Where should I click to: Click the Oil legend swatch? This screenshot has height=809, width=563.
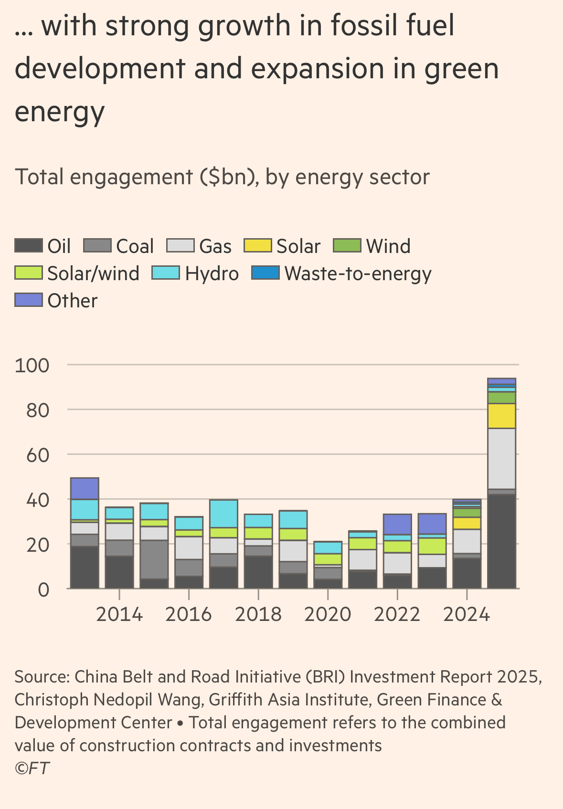(x=29, y=246)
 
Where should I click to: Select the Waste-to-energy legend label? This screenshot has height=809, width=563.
(x=358, y=273)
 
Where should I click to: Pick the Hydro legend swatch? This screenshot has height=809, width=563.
(x=166, y=273)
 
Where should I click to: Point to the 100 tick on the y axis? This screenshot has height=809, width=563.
(x=32, y=366)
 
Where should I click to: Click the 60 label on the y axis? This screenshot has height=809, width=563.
(x=38, y=455)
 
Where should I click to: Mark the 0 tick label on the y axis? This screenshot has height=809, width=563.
(x=43, y=590)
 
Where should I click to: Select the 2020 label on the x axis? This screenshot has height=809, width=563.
(x=328, y=614)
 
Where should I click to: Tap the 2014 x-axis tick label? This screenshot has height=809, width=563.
(x=119, y=614)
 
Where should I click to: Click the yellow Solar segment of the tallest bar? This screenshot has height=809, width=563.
(x=501, y=416)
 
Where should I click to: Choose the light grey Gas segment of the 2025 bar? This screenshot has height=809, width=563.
(x=501, y=458)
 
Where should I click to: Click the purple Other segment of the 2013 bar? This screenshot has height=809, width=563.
(x=85, y=488)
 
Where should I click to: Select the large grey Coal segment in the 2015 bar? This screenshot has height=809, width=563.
(x=154, y=559)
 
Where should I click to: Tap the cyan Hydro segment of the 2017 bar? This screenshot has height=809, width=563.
(x=223, y=514)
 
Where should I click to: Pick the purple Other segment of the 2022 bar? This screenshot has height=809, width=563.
(x=397, y=524)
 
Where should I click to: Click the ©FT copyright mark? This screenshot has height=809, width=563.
(x=32, y=768)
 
